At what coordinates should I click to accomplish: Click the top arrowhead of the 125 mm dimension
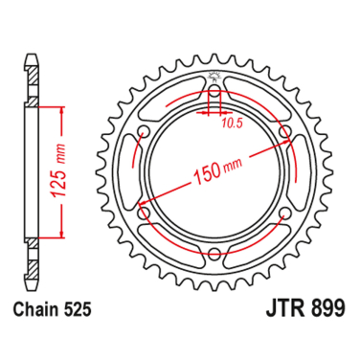click(64, 109)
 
